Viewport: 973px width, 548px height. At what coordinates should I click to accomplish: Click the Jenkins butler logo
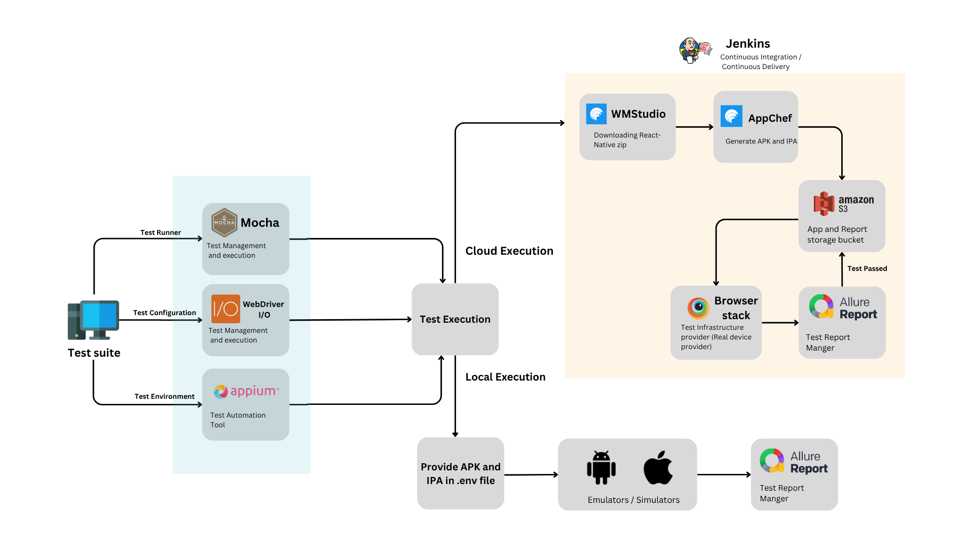(692, 51)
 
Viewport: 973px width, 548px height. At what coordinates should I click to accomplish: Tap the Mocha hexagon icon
(224, 222)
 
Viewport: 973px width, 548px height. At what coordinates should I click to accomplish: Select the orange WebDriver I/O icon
(226, 309)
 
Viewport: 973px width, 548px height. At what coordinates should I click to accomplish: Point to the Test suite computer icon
(93, 320)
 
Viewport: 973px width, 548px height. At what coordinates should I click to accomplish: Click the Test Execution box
(455, 319)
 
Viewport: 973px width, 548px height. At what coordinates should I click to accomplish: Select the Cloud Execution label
(509, 251)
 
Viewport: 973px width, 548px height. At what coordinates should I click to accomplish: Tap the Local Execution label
(505, 377)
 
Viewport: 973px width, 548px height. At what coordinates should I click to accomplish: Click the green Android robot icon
(601, 467)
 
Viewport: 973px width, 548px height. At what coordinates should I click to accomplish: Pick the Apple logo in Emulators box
(658, 467)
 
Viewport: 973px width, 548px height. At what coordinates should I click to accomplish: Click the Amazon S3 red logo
(824, 203)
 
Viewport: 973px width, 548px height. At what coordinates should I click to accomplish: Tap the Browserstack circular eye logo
(698, 307)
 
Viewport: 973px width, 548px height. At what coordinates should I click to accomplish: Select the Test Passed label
(867, 268)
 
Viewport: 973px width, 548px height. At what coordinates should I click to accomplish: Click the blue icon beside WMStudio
(596, 114)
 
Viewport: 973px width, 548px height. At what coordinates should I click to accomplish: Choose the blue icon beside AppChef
(731, 116)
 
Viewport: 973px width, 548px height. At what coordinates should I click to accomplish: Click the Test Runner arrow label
(160, 232)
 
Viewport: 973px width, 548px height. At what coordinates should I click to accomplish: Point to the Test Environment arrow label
(164, 396)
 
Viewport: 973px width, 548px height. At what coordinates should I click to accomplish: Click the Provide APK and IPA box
(460, 473)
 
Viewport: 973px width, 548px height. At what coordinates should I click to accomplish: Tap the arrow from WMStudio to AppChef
(694, 127)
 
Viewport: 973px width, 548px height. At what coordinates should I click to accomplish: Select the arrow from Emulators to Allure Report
(724, 474)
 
